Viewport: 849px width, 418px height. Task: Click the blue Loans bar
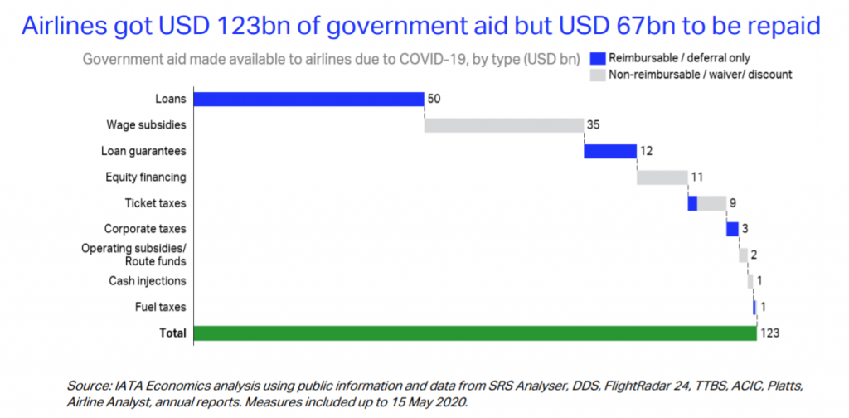click(308, 100)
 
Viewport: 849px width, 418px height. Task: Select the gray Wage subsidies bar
click(504, 125)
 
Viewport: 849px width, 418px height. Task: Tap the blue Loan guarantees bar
click(610, 151)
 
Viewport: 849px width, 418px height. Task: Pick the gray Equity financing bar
click(662, 177)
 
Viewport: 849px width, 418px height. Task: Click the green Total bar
click(473, 333)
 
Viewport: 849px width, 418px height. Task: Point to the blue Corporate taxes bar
click(732, 229)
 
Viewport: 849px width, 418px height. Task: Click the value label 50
click(434, 100)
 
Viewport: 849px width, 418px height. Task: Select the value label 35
click(594, 125)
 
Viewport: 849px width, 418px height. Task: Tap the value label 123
click(769, 333)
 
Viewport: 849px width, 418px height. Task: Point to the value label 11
click(696, 177)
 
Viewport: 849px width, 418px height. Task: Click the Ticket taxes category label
click(155, 203)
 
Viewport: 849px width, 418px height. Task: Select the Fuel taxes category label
click(160, 307)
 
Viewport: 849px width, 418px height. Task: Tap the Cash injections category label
click(148, 281)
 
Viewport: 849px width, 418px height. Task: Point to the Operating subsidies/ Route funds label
click(133, 255)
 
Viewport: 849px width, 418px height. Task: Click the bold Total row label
click(173, 333)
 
